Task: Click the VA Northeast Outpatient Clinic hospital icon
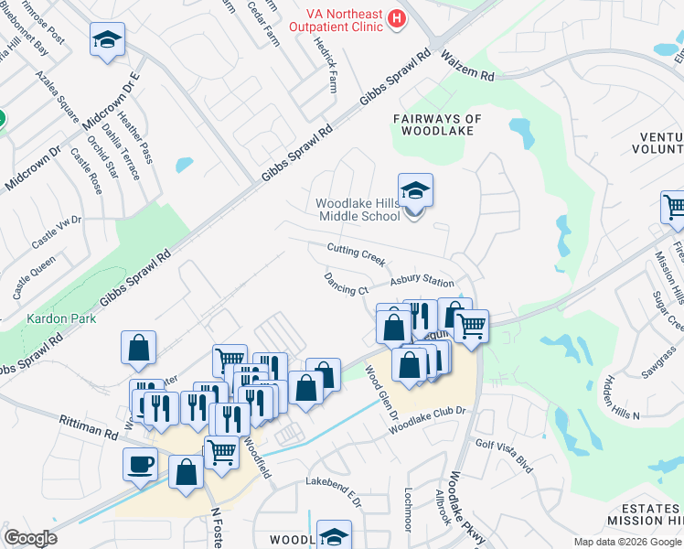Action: pyautogui.click(x=397, y=17)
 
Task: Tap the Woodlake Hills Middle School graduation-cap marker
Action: pyautogui.click(x=415, y=191)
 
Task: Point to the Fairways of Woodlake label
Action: pyautogui.click(x=437, y=124)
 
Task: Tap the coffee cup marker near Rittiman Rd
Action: pyautogui.click(x=140, y=464)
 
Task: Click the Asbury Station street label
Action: pyautogui.click(x=422, y=282)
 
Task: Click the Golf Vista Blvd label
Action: pyautogui.click(x=504, y=454)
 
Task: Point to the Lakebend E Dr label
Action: pyautogui.click(x=334, y=490)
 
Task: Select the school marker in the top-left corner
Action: pyautogui.click(x=107, y=40)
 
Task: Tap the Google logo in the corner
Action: pyautogui.click(x=30, y=538)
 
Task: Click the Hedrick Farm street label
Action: pyautogui.click(x=326, y=64)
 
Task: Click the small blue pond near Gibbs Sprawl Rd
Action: pyautogui.click(x=184, y=165)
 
